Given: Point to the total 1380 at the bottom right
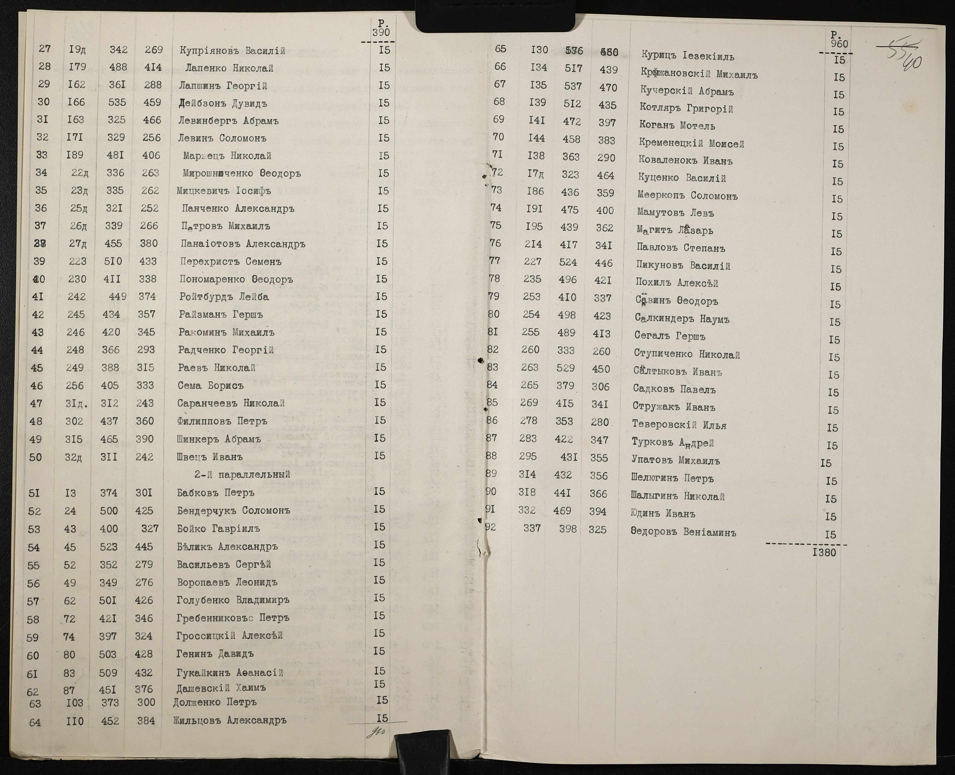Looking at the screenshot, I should [824, 553].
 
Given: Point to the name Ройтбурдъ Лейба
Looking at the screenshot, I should [224, 297].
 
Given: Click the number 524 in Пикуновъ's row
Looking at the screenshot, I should [568, 262].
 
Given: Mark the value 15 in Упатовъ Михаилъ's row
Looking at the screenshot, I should [826, 463].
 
